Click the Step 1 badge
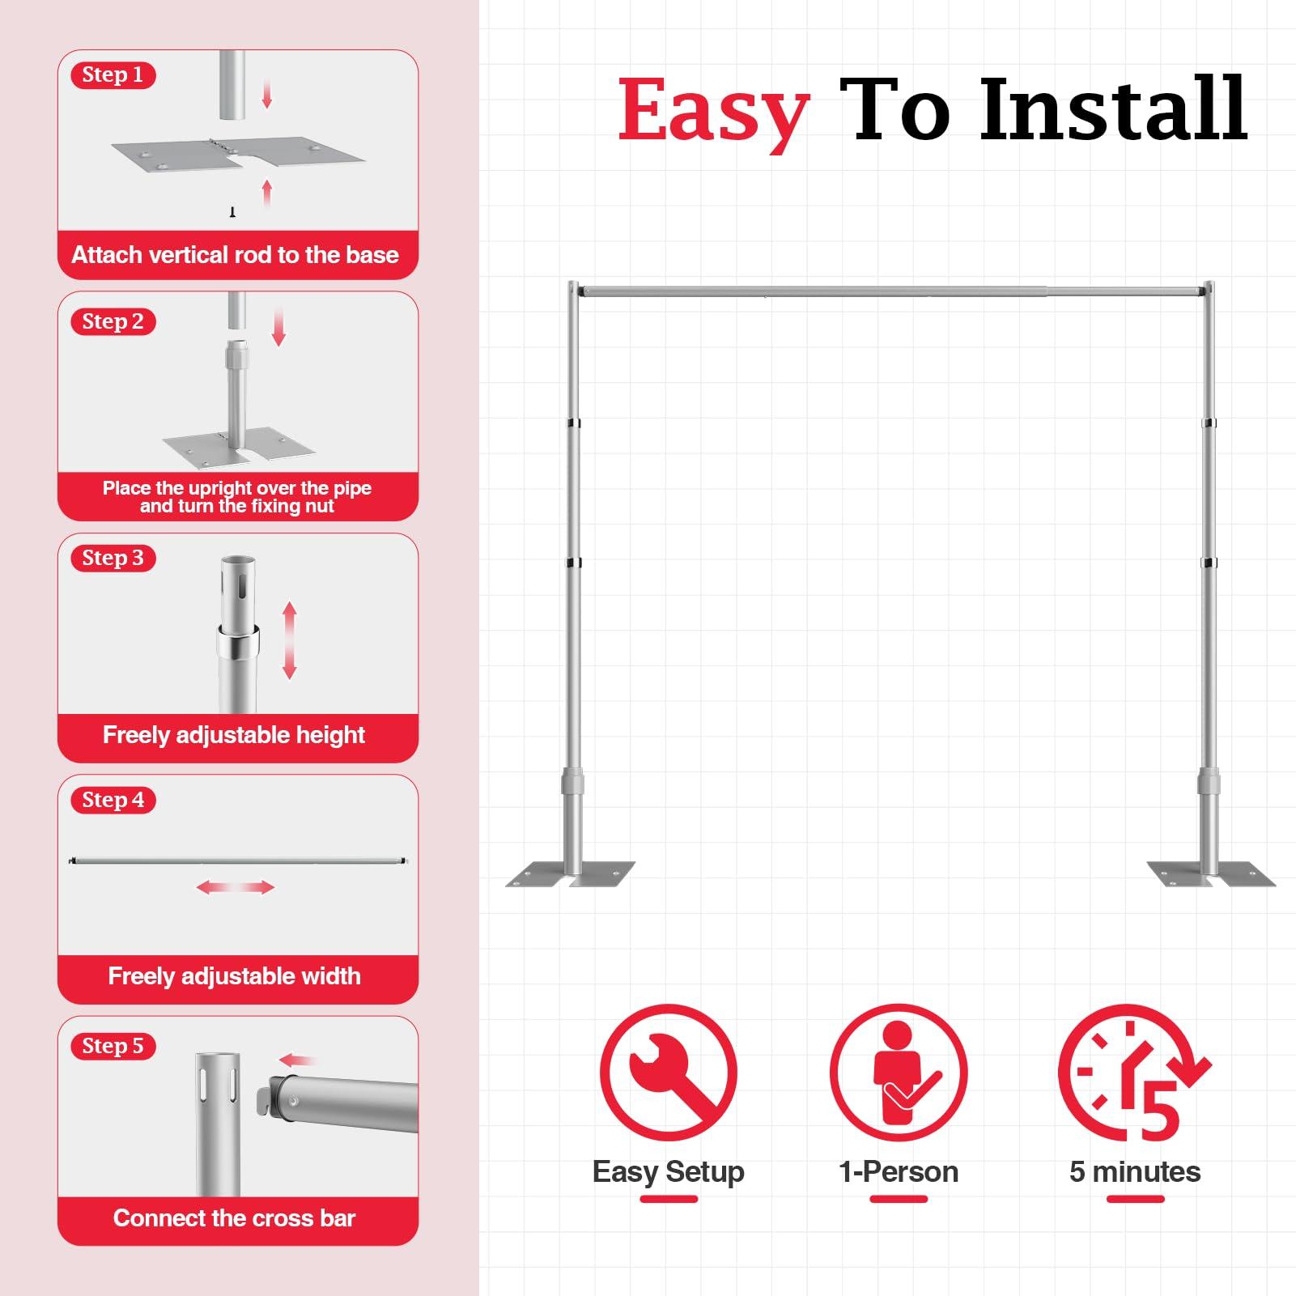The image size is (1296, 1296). click(x=113, y=75)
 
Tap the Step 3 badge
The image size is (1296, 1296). click(x=113, y=558)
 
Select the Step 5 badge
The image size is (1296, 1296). click(x=113, y=1046)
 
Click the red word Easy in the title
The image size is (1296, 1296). click(x=713, y=112)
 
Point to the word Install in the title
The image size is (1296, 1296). click(x=1112, y=109)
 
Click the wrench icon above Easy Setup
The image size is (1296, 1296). click(x=668, y=1073)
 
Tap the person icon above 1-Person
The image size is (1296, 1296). click(x=899, y=1073)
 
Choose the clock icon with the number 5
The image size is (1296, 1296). click(x=1133, y=1073)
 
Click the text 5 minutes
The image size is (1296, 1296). click(x=1134, y=1171)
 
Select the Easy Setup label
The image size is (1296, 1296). click(x=668, y=1171)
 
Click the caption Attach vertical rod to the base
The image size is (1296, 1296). click(x=235, y=255)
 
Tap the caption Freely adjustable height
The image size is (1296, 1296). click(x=234, y=735)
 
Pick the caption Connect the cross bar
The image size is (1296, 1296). click(x=234, y=1218)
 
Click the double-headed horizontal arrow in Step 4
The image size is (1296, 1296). click(x=236, y=888)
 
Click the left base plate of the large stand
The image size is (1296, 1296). click(x=570, y=874)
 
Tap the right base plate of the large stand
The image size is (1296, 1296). click(x=1211, y=874)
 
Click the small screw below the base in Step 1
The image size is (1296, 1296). click(x=232, y=212)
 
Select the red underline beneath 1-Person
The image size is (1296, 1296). click(x=899, y=1199)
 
